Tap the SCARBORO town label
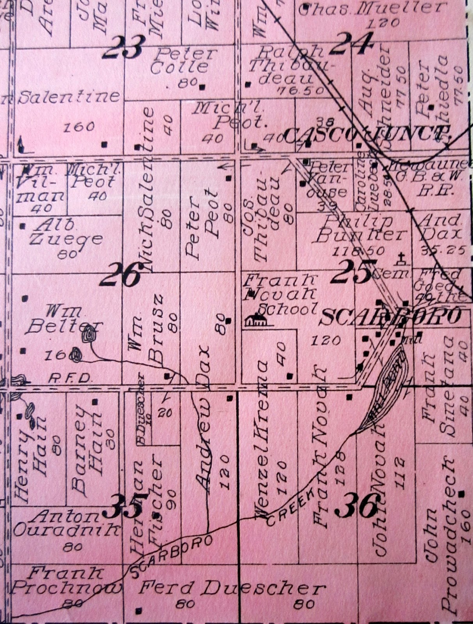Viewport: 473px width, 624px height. point(390,318)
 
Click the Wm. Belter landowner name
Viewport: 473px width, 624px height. point(64,320)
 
